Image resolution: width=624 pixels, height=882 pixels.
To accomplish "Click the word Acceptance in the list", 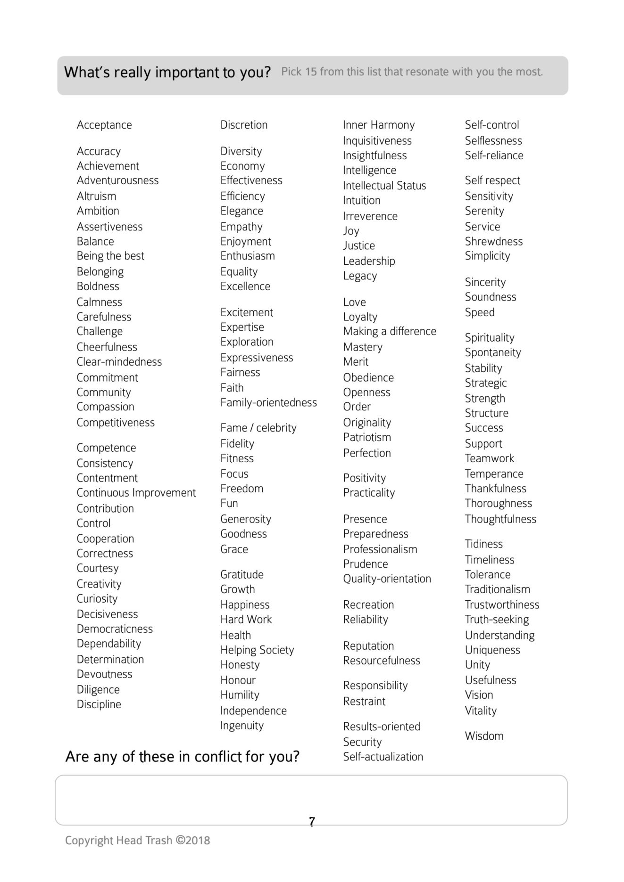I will tap(104, 125).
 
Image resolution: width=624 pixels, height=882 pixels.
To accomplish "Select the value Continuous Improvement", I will tap(136, 493).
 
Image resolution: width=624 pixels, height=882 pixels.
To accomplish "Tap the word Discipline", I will tap(99, 704).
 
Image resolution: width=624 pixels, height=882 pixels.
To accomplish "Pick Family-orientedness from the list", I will tap(268, 403).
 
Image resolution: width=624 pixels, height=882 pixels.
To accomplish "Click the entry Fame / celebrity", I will tap(258, 428).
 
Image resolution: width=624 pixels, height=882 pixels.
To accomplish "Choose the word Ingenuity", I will tap(241, 726).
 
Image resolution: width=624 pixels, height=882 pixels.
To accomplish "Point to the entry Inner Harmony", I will tap(379, 125).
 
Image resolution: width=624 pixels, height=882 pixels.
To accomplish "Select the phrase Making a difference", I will tap(390, 331).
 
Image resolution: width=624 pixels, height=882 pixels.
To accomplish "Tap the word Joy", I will tap(351, 231).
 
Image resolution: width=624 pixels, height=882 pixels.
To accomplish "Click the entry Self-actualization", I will tap(383, 757).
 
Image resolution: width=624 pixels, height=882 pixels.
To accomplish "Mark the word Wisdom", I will tap(484, 736).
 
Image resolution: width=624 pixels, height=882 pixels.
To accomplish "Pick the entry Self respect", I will tap(492, 180).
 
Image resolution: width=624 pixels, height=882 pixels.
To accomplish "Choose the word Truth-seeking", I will tap(497, 620).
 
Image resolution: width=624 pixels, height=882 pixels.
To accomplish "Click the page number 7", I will tap(312, 822).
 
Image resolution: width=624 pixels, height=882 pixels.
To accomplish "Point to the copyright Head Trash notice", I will tap(137, 841).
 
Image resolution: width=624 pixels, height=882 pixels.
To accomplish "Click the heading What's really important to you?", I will tap(167, 73).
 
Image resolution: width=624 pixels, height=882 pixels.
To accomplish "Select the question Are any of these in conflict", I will tap(182, 757).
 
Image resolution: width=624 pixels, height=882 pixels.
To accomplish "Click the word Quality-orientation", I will tap(387, 579).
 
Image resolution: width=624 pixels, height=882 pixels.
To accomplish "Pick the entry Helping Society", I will tap(257, 650).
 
